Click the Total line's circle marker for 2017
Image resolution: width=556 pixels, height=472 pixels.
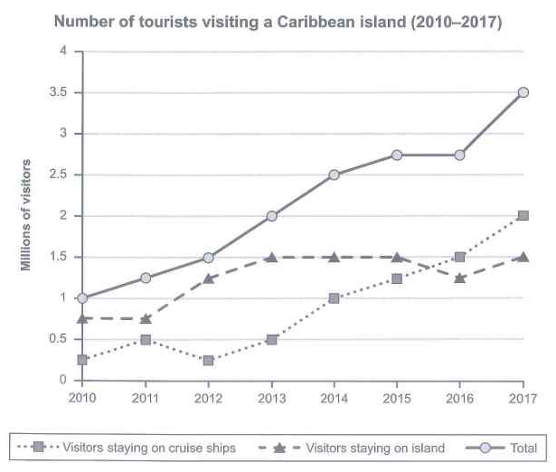523,92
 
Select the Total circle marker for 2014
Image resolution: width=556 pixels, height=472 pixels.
335,175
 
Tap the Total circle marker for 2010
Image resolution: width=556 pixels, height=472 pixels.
83,298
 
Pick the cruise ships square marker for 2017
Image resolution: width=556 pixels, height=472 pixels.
523,216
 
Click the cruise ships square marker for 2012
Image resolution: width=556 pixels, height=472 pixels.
209,360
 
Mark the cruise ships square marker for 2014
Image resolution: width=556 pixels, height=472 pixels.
335,298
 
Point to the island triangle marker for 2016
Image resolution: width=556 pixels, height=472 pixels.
460,278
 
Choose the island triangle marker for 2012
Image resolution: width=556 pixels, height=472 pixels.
209,278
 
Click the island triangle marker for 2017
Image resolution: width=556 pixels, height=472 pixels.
523,257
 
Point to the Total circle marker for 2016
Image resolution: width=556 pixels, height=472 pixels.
460,155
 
